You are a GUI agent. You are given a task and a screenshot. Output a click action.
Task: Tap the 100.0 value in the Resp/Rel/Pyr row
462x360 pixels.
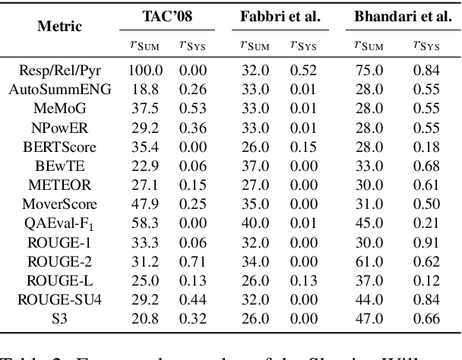pyautogui.click(x=144, y=69)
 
